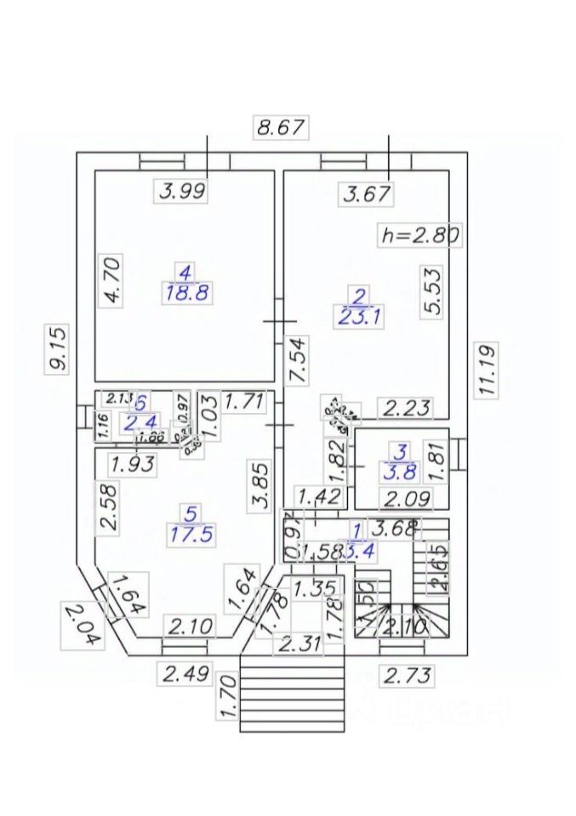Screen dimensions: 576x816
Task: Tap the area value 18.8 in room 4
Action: click(x=185, y=293)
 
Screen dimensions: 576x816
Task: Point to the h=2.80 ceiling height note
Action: click(x=419, y=235)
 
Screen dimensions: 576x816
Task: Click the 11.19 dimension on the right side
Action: click(x=487, y=369)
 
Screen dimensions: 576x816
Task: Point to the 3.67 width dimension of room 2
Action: click(x=367, y=195)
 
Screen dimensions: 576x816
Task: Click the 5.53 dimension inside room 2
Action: click(x=433, y=292)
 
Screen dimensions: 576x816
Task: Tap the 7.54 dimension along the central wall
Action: click(x=298, y=360)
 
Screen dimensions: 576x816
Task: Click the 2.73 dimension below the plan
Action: click(x=406, y=677)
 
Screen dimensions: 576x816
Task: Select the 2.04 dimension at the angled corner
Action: click(x=79, y=625)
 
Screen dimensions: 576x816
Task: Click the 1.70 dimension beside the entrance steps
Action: click(x=226, y=696)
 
